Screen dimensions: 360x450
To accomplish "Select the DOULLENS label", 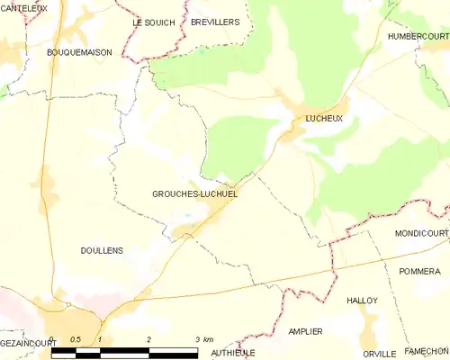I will (102, 251).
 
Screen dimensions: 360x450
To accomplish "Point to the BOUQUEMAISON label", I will (80, 53).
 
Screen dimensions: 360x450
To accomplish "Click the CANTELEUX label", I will (24, 7).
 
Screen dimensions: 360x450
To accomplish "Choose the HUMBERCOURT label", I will (418, 36).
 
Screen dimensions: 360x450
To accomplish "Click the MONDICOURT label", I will (421, 233).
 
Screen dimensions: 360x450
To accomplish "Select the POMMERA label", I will (420, 271).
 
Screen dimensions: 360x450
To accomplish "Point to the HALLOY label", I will (362, 301).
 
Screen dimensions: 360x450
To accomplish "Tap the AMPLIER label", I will (305, 332).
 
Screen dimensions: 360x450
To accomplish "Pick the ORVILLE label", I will (379, 354).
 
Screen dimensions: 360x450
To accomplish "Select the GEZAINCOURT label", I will (22, 343).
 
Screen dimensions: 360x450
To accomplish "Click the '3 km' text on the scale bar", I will (204, 339).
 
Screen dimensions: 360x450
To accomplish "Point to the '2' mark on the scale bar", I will (148, 339).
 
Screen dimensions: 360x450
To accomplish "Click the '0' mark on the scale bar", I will (52, 339).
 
